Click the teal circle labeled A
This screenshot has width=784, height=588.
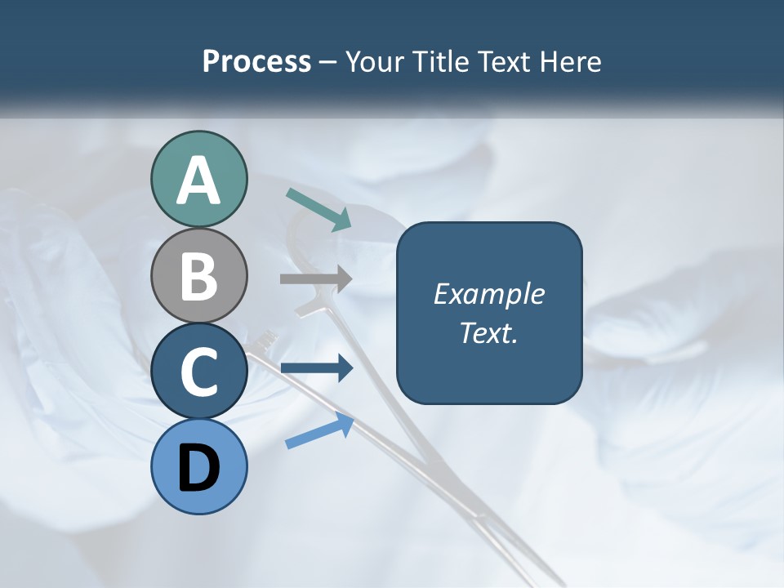[198, 179]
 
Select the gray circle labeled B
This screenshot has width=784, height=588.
[198, 275]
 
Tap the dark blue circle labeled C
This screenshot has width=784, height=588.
[198, 371]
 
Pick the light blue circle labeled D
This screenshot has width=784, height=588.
[198, 466]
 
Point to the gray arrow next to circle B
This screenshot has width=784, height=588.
[316, 279]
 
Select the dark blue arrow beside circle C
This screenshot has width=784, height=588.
[316, 369]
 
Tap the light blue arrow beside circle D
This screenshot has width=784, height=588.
[319, 430]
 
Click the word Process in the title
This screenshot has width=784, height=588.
[256, 61]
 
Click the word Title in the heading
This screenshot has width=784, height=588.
[442, 61]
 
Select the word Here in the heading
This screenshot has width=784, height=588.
[570, 61]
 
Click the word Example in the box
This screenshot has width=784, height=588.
[488, 294]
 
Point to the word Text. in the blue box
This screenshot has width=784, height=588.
[488, 332]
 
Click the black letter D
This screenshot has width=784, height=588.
[198, 468]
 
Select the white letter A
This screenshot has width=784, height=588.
[198, 180]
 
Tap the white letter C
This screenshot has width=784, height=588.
[198, 372]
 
